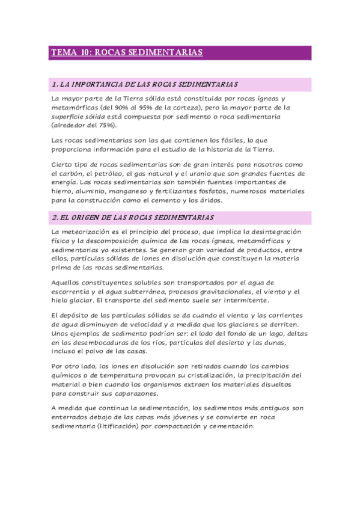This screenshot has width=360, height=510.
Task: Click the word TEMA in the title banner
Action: tap(60, 53)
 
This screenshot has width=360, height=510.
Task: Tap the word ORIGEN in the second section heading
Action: tap(82, 217)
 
